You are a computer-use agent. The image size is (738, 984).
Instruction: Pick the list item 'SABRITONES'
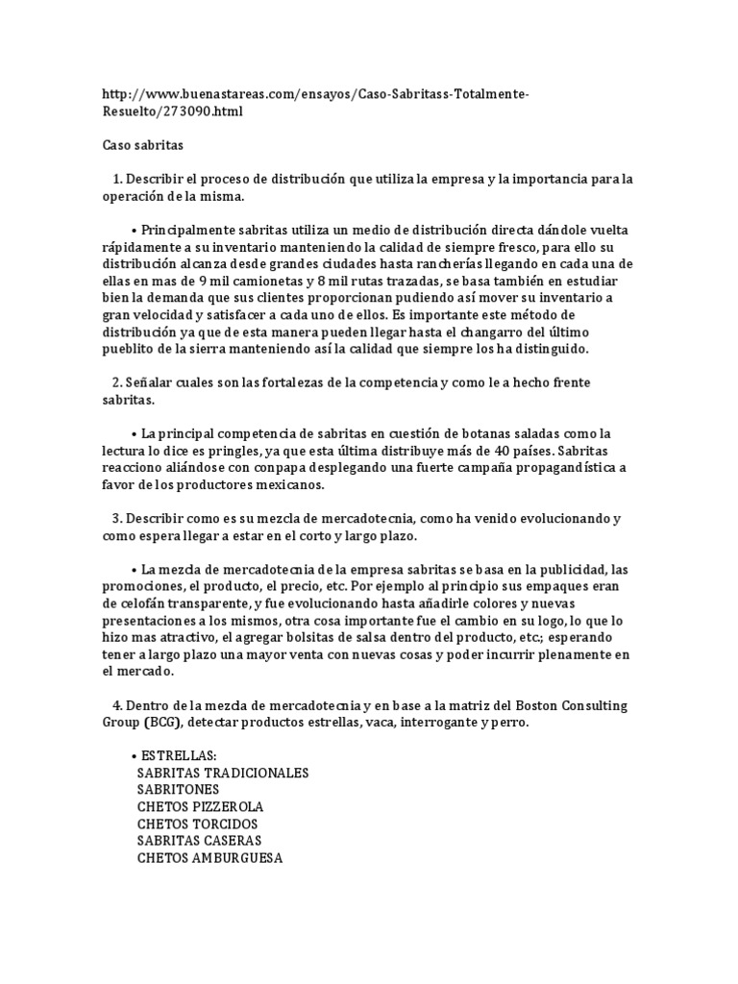(x=178, y=790)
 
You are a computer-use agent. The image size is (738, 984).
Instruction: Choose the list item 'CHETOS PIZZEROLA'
(x=200, y=807)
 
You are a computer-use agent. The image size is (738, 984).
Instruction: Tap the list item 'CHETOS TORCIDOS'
(x=198, y=824)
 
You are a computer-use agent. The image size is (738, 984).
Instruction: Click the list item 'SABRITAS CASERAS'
(x=200, y=841)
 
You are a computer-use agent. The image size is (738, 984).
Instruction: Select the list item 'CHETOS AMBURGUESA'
(x=209, y=858)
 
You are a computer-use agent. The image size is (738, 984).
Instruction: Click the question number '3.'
(x=117, y=519)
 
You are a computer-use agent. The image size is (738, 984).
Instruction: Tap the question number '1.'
(x=117, y=180)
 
